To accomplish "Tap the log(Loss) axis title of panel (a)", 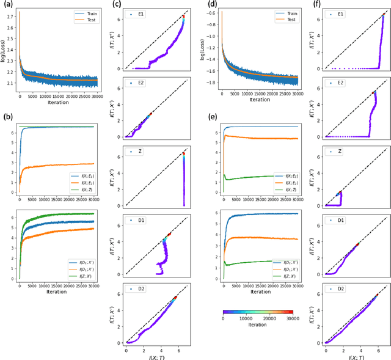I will [4, 47].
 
